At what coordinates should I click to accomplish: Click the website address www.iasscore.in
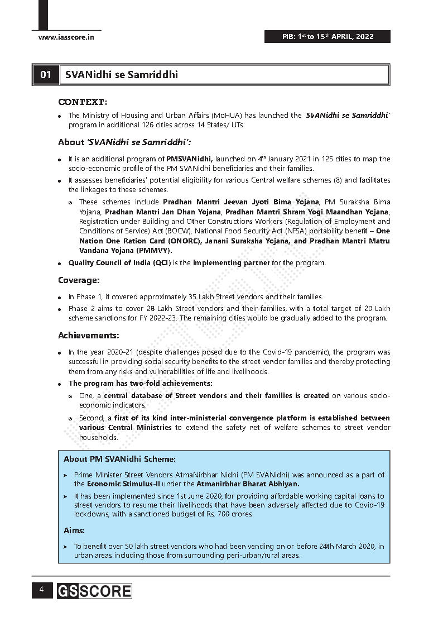(66, 37)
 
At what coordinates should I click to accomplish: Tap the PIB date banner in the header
(328, 37)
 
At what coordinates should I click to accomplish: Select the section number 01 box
(46, 74)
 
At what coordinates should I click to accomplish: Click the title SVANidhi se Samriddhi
(121, 74)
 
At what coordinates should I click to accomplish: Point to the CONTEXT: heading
(83, 102)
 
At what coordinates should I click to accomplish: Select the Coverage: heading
(79, 280)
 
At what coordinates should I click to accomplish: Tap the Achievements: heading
(88, 336)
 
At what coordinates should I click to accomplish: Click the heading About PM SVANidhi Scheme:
(119, 459)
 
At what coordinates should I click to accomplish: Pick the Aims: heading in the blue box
(74, 531)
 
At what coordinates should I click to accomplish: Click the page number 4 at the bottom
(41, 590)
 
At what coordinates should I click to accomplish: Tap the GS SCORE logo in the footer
(94, 591)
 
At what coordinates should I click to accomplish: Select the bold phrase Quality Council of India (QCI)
(119, 262)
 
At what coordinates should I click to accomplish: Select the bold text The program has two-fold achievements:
(140, 383)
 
